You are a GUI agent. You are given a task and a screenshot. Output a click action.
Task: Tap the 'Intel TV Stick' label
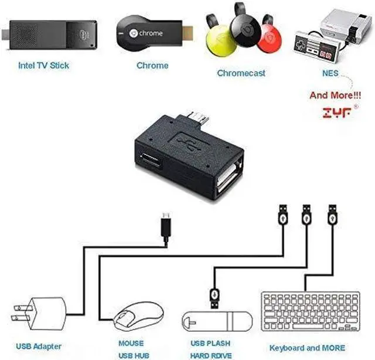tap(43, 65)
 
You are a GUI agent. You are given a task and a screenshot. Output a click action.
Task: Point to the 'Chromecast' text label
tap(241, 73)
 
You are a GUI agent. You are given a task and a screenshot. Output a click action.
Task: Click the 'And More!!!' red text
tap(335, 95)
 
